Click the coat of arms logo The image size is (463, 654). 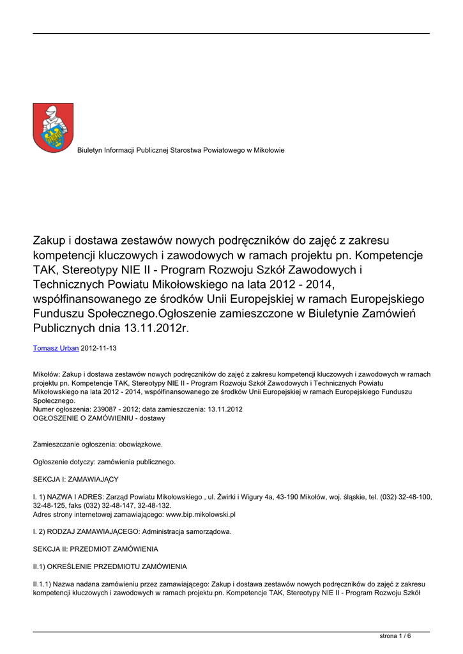[53, 128]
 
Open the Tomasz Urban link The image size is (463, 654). [56, 348]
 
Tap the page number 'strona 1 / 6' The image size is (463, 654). [396, 636]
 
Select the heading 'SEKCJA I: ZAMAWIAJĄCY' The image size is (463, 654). [75, 478]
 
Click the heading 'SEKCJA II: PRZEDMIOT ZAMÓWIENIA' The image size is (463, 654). [95, 549]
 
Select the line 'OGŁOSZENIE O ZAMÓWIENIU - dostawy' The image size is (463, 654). [99, 418]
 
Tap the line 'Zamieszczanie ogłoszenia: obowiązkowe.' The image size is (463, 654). [98, 443]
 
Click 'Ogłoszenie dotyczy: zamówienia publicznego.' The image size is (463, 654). [104, 461]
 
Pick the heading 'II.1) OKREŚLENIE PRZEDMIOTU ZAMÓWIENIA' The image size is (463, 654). [110, 567]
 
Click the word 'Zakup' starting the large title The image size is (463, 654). [49, 240]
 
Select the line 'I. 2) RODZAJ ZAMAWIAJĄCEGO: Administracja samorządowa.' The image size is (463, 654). [132, 531]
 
